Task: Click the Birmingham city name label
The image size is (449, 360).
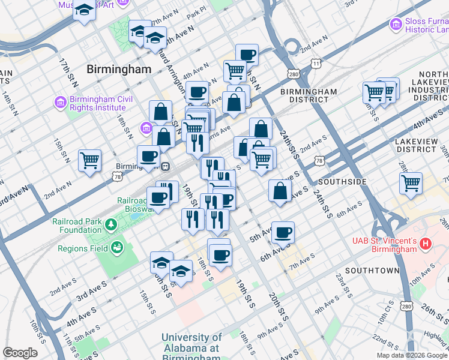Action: point(119,69)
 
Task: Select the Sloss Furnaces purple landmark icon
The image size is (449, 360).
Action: point(396,24)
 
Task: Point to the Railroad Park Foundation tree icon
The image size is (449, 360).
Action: point(110,224)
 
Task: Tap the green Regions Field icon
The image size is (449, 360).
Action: point(116,247)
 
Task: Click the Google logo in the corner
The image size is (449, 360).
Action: point(20,353)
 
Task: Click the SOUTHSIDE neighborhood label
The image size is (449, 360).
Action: point(342,181)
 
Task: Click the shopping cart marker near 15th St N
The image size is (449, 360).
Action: point(89,160)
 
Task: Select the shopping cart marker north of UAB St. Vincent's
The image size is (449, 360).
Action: point(411,183)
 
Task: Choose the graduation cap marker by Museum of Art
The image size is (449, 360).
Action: point(85,10)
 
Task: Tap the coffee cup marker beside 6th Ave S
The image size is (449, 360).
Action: point(283,232)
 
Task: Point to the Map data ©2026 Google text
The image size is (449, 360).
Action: point(412,355)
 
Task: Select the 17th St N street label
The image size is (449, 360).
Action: point(65,72)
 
